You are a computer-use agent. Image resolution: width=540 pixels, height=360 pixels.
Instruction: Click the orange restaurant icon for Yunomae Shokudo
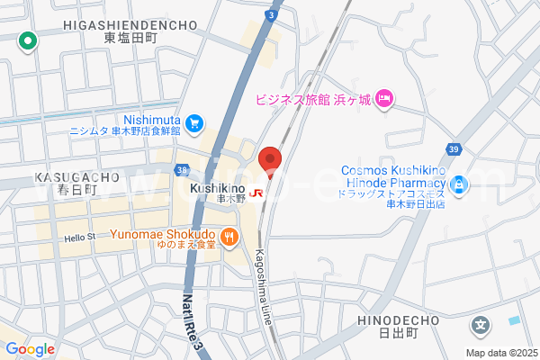click(230, 237)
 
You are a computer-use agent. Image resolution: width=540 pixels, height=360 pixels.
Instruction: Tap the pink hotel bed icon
click(384, 98)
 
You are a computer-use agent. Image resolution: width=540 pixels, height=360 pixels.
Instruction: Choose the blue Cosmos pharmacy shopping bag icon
click(460, 184)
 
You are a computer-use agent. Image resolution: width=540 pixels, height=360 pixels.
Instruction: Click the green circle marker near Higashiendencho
click(28, 40)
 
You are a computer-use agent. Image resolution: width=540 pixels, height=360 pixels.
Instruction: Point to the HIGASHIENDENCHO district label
click(130, 24)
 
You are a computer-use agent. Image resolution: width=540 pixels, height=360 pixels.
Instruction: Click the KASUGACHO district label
click(70, 177)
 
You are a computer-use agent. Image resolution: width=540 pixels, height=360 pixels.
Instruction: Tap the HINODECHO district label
click(399, 320)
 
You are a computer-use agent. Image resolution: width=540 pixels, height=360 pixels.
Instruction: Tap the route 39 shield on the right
click(454, 148)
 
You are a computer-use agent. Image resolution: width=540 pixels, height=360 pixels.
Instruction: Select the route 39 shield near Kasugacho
click(183, 169)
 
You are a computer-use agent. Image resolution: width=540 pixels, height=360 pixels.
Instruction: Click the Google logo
click(30, 349)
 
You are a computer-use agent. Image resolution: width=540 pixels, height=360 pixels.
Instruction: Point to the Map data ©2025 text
click(499, 353)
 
